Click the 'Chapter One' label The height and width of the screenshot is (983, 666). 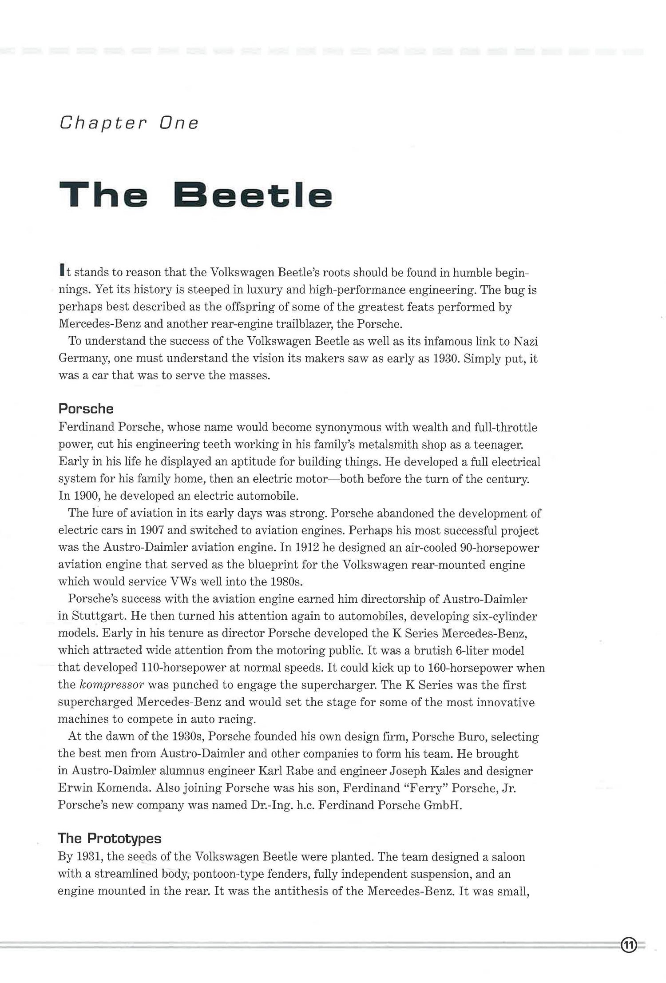tap(129, 123)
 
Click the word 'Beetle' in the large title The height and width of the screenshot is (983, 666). tap(252, 195)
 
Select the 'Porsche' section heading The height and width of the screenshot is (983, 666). tap(86, 409)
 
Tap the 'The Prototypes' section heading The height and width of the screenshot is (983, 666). tap(109, 838)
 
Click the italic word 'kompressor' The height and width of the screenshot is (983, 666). tap(112, 685)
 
